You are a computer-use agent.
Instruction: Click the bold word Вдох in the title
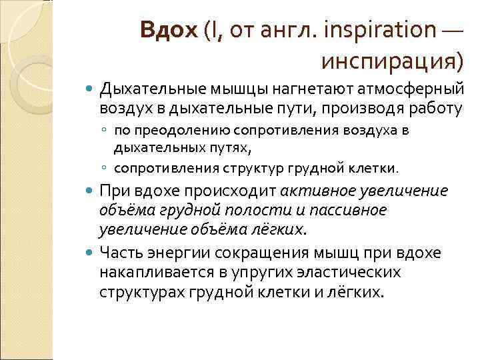pos(169,31)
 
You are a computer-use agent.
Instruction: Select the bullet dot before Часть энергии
pos(91,254)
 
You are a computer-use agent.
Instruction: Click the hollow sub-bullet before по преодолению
pos(105,131)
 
